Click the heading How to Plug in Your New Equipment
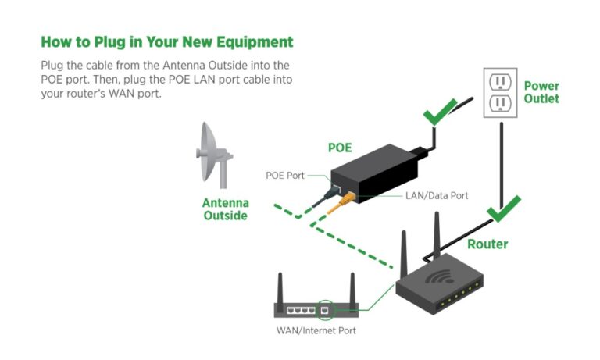[x=166, y=41]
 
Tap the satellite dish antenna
[x=209, y=152]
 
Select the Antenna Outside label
[x=226, y=209]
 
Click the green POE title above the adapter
[x=339, y=148]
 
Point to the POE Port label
[x=285, y=176]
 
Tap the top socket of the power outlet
[x=498, y=82]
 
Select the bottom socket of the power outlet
[x=498, y=103]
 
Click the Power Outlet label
[x=541, y=92]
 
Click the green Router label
[x=487, y=244]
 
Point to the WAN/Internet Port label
[x=316, y=330]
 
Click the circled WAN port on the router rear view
[x=324, y=310]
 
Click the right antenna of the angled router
[x=437, y=234]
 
